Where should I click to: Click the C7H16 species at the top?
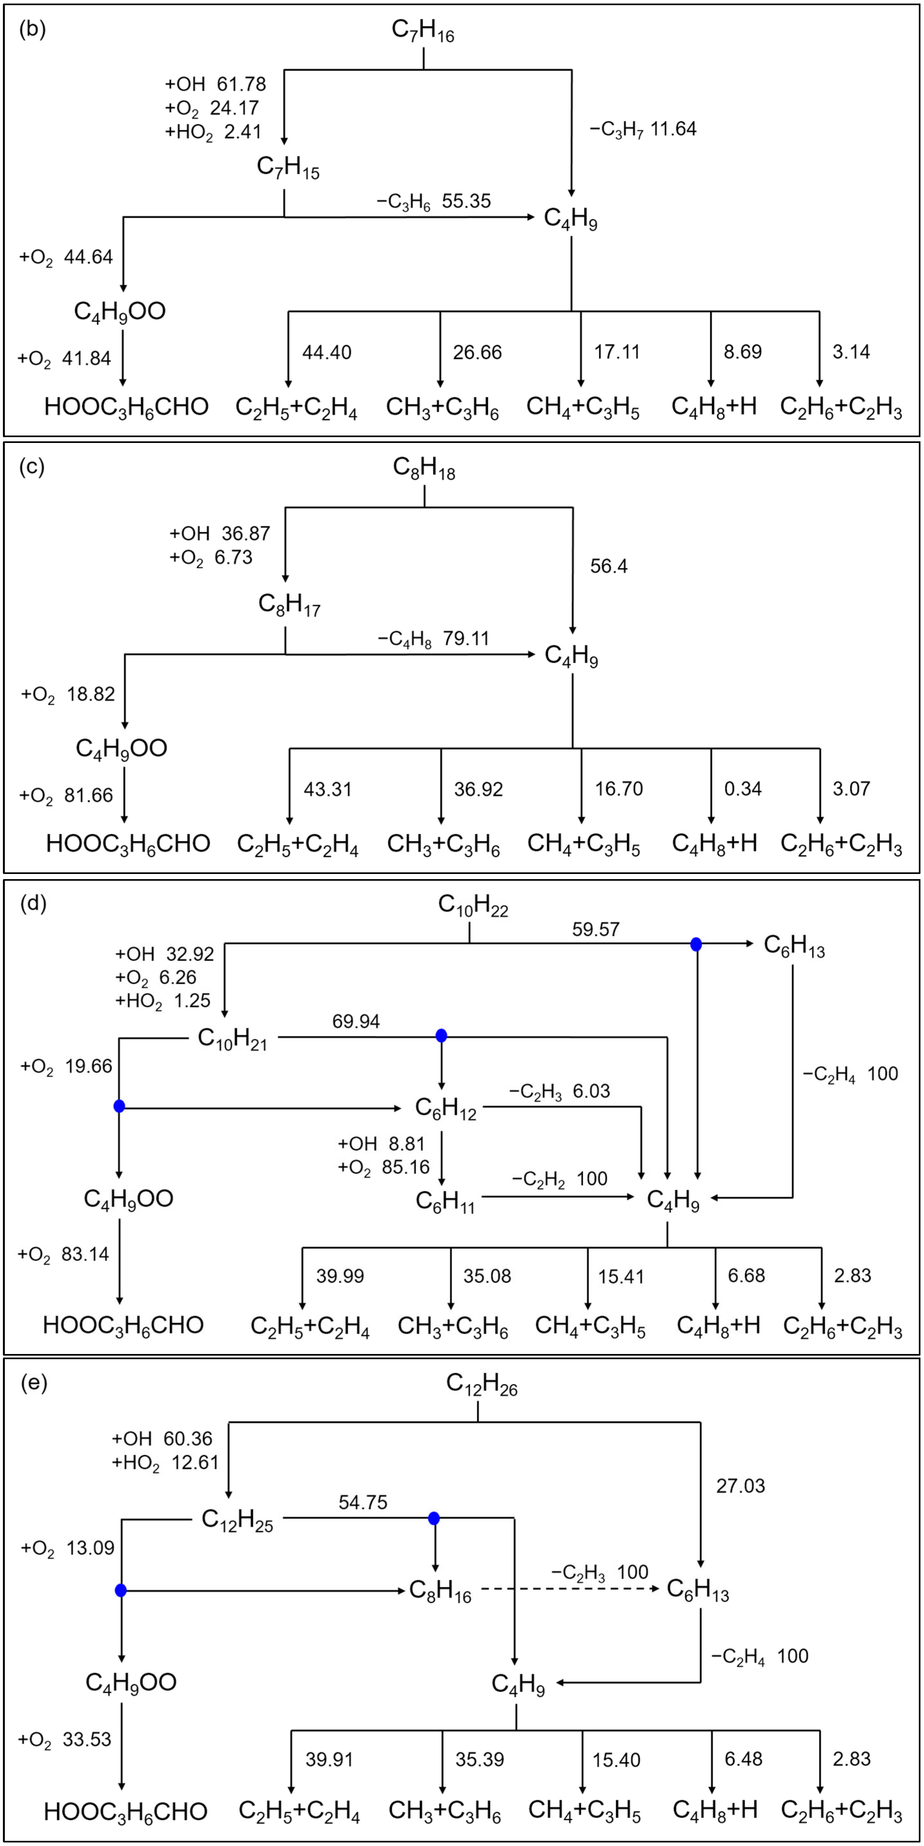423,31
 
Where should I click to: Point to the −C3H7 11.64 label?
643,129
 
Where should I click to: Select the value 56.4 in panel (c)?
608,566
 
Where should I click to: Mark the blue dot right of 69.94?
442,1036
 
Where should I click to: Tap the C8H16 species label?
440,1591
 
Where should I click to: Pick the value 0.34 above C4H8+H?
743,789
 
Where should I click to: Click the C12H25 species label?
237,1519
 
